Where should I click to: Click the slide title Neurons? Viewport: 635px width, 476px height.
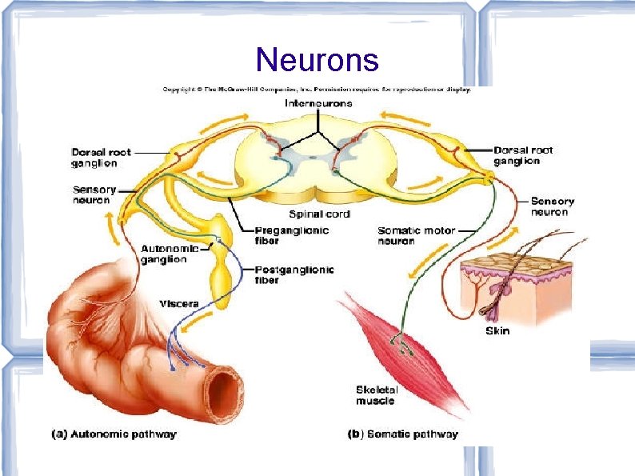318,59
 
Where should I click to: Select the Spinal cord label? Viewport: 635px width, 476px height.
318,214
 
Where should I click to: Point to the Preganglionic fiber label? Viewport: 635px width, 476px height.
292,235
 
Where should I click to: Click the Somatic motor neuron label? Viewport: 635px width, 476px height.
417,235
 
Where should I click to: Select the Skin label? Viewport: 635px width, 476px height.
497,330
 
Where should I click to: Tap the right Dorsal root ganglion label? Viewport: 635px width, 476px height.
523,155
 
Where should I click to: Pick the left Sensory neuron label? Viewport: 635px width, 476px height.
94,195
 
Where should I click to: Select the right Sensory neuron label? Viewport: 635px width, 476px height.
553,206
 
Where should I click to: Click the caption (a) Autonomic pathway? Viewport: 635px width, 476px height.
114,434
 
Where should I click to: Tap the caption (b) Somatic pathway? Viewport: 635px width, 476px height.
403,434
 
